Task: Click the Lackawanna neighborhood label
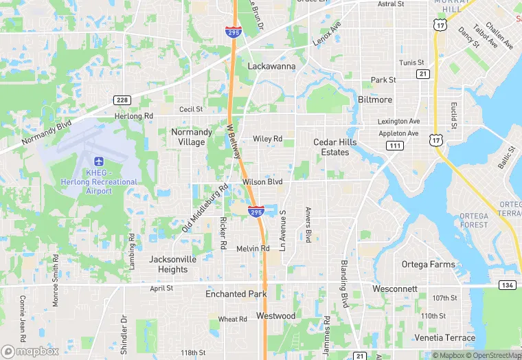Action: pyautogui.click(x=271, y=67)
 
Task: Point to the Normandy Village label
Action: pyautogui.click(x=188, y=137)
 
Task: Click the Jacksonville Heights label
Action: pyautogui.click(x=172, y=265)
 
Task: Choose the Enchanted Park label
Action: pyautogui.click(x=236, y=294)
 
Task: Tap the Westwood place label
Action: pyautogui.click(x=275, y=316)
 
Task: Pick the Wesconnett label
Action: pyautogui.click(x=394, y=289)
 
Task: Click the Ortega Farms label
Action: pyautogui.click(x=428, y=265)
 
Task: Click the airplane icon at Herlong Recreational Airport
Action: pyautogui.click(x=99, y=161)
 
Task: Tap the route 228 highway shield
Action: pyautogui.click(x=122, y=100)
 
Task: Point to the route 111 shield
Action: pyautogui.click(x=394, y=146)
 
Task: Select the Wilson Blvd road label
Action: pyautogui.click(x=262, y=182)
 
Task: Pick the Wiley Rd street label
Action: pyautogui.click(x=267, y=139)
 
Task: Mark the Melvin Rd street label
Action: pyautogui.click(x=253, y=248)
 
